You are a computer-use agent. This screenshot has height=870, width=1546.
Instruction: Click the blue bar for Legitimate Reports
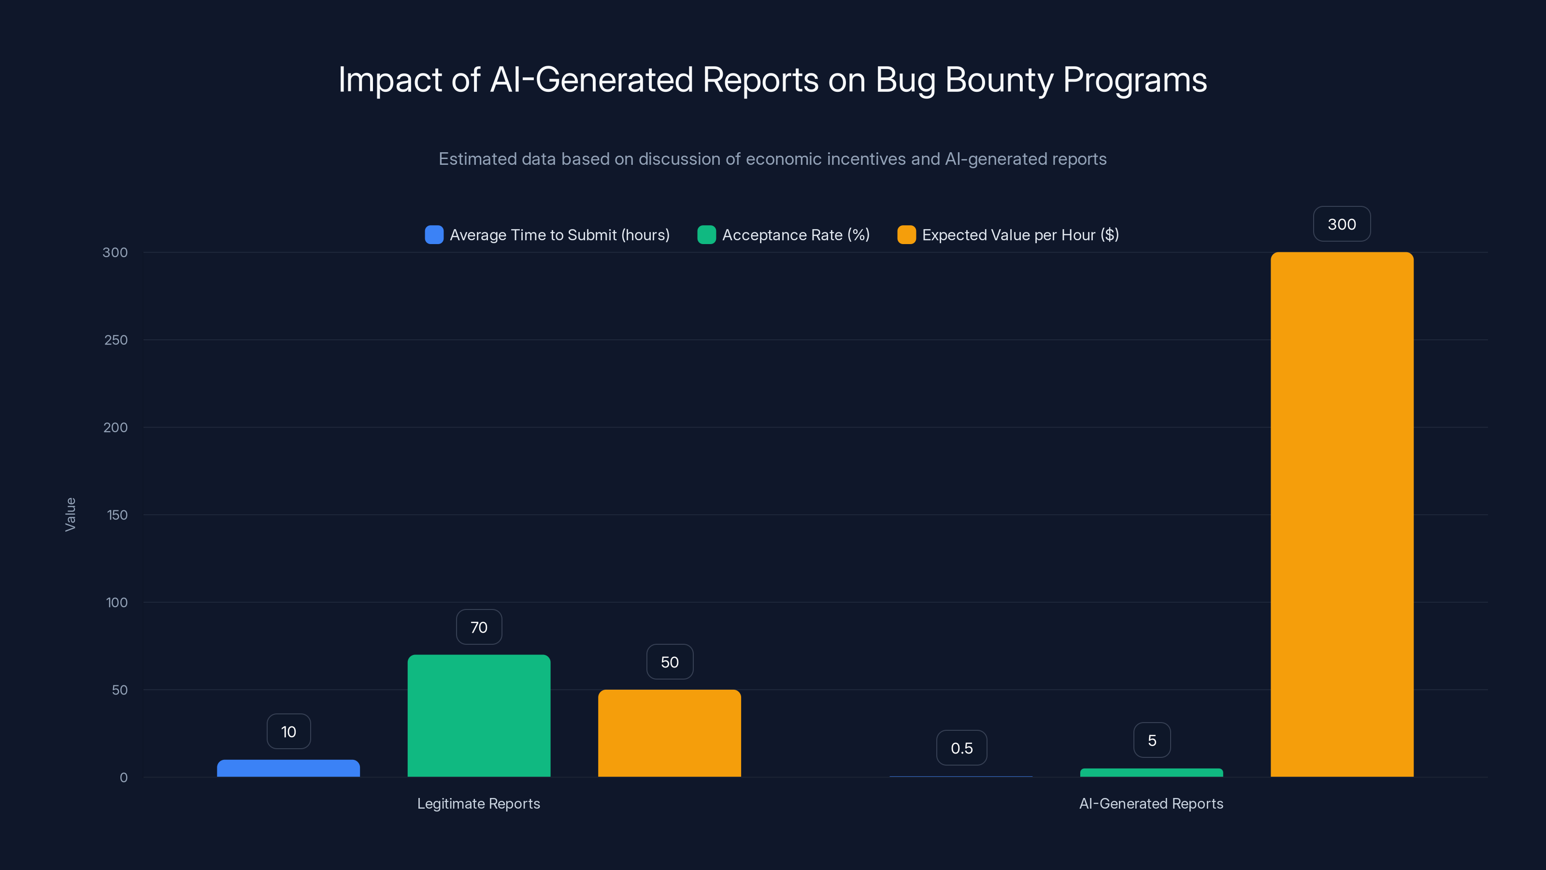coord(288,768)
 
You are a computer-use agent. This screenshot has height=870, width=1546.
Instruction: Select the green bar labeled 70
coord(479,716)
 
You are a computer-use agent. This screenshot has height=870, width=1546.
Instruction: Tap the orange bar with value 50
coord(669,733)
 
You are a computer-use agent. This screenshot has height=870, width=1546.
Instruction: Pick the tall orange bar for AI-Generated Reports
coord(1342,515)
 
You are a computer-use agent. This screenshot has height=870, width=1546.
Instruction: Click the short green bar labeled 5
coord(1151,773)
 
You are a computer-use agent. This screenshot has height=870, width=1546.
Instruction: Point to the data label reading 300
coord(1341,224)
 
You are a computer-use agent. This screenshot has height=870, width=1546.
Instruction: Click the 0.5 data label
coord(961,748)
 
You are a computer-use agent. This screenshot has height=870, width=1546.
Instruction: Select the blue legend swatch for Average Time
coord(434,235)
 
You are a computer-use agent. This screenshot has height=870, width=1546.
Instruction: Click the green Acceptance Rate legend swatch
coord(706,235)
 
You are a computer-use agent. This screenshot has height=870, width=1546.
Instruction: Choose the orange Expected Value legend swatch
coord(906,235)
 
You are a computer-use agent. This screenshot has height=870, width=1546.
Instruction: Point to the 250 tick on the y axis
coord(116,340)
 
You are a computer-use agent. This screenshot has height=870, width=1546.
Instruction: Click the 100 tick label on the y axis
coord(116,602)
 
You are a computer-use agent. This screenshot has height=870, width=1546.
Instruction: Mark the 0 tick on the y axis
coord(124,778)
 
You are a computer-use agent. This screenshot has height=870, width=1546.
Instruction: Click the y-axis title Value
coord(70,515)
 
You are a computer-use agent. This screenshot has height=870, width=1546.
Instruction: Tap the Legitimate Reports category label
coord(478,803)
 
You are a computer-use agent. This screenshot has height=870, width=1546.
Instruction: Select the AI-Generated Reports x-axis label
coord(1150,803)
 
